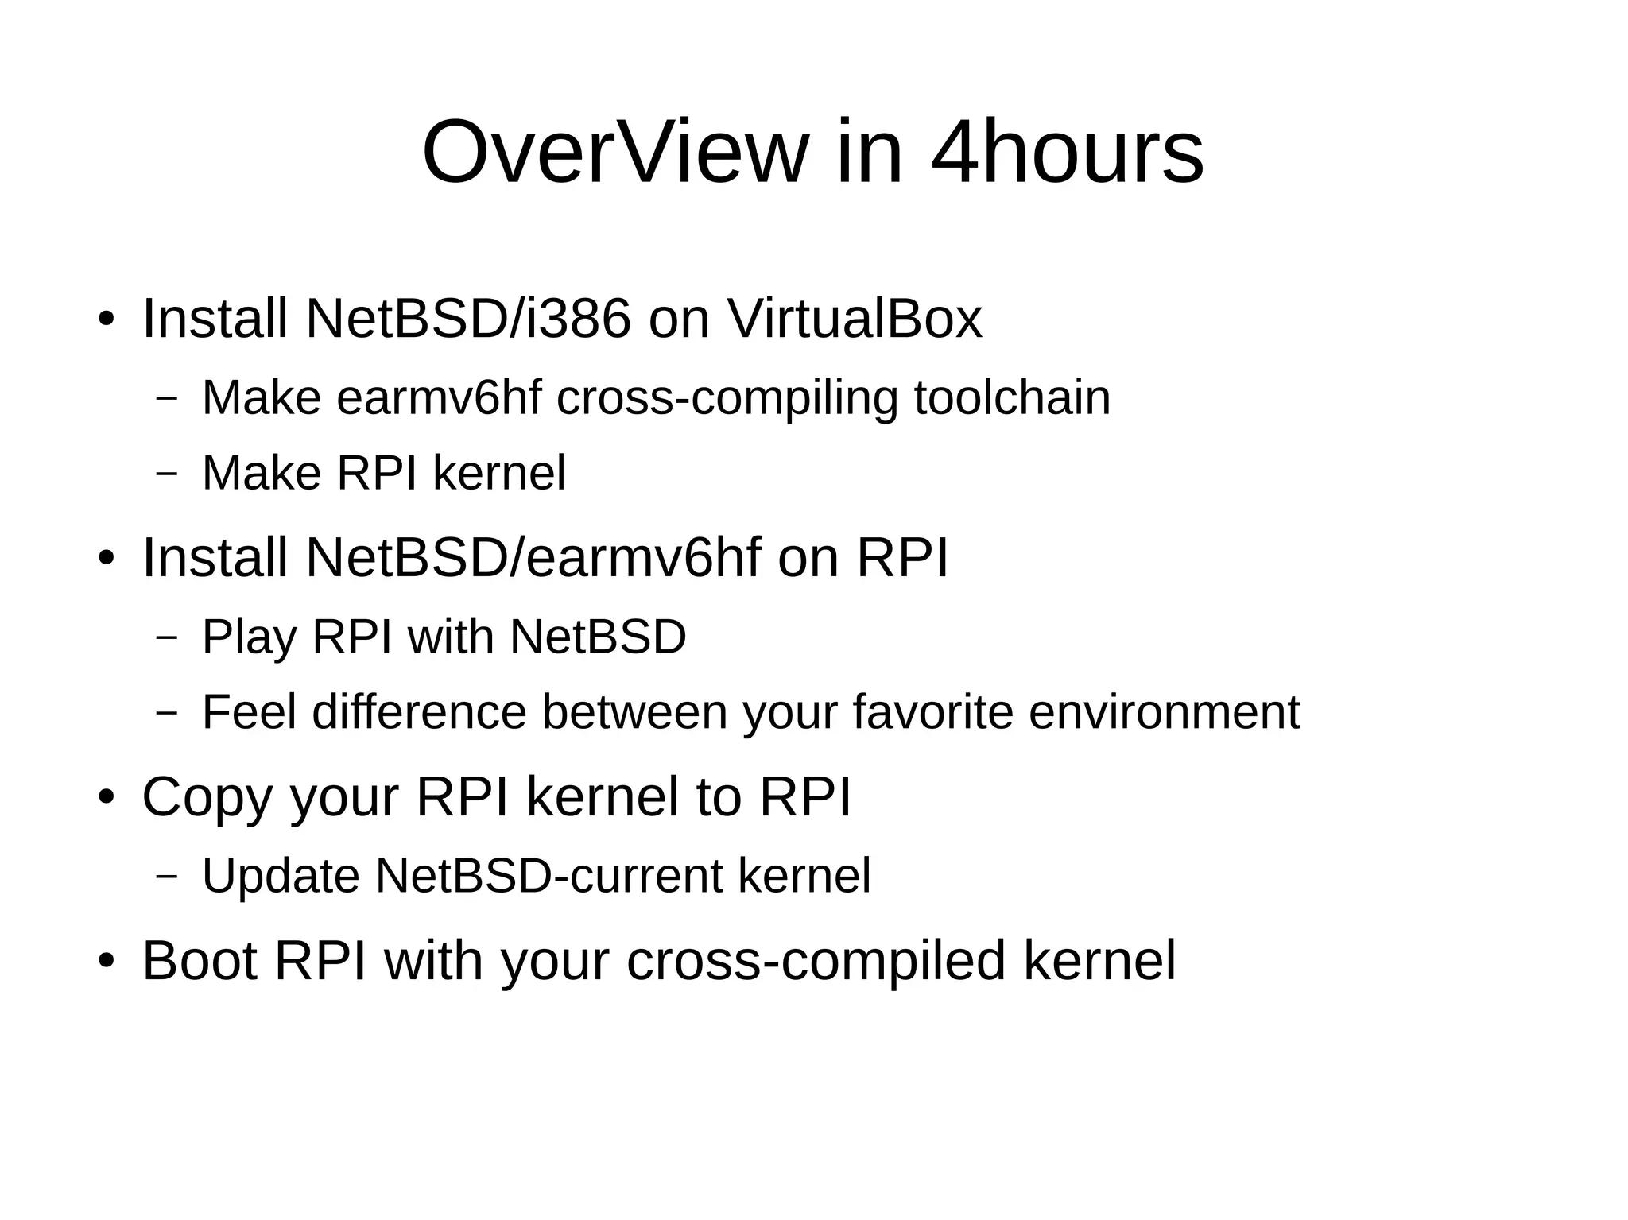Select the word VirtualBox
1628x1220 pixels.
(855, 319)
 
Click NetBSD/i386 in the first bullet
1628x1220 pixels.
(468, 319)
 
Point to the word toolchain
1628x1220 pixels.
(1011, 397)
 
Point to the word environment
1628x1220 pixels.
(1164, 711)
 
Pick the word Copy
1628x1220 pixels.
(207, 796)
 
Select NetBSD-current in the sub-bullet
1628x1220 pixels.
(549, 875)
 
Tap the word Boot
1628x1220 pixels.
(200, 960)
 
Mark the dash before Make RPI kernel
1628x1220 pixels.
(167, 474)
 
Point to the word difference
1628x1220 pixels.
(420, 711)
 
